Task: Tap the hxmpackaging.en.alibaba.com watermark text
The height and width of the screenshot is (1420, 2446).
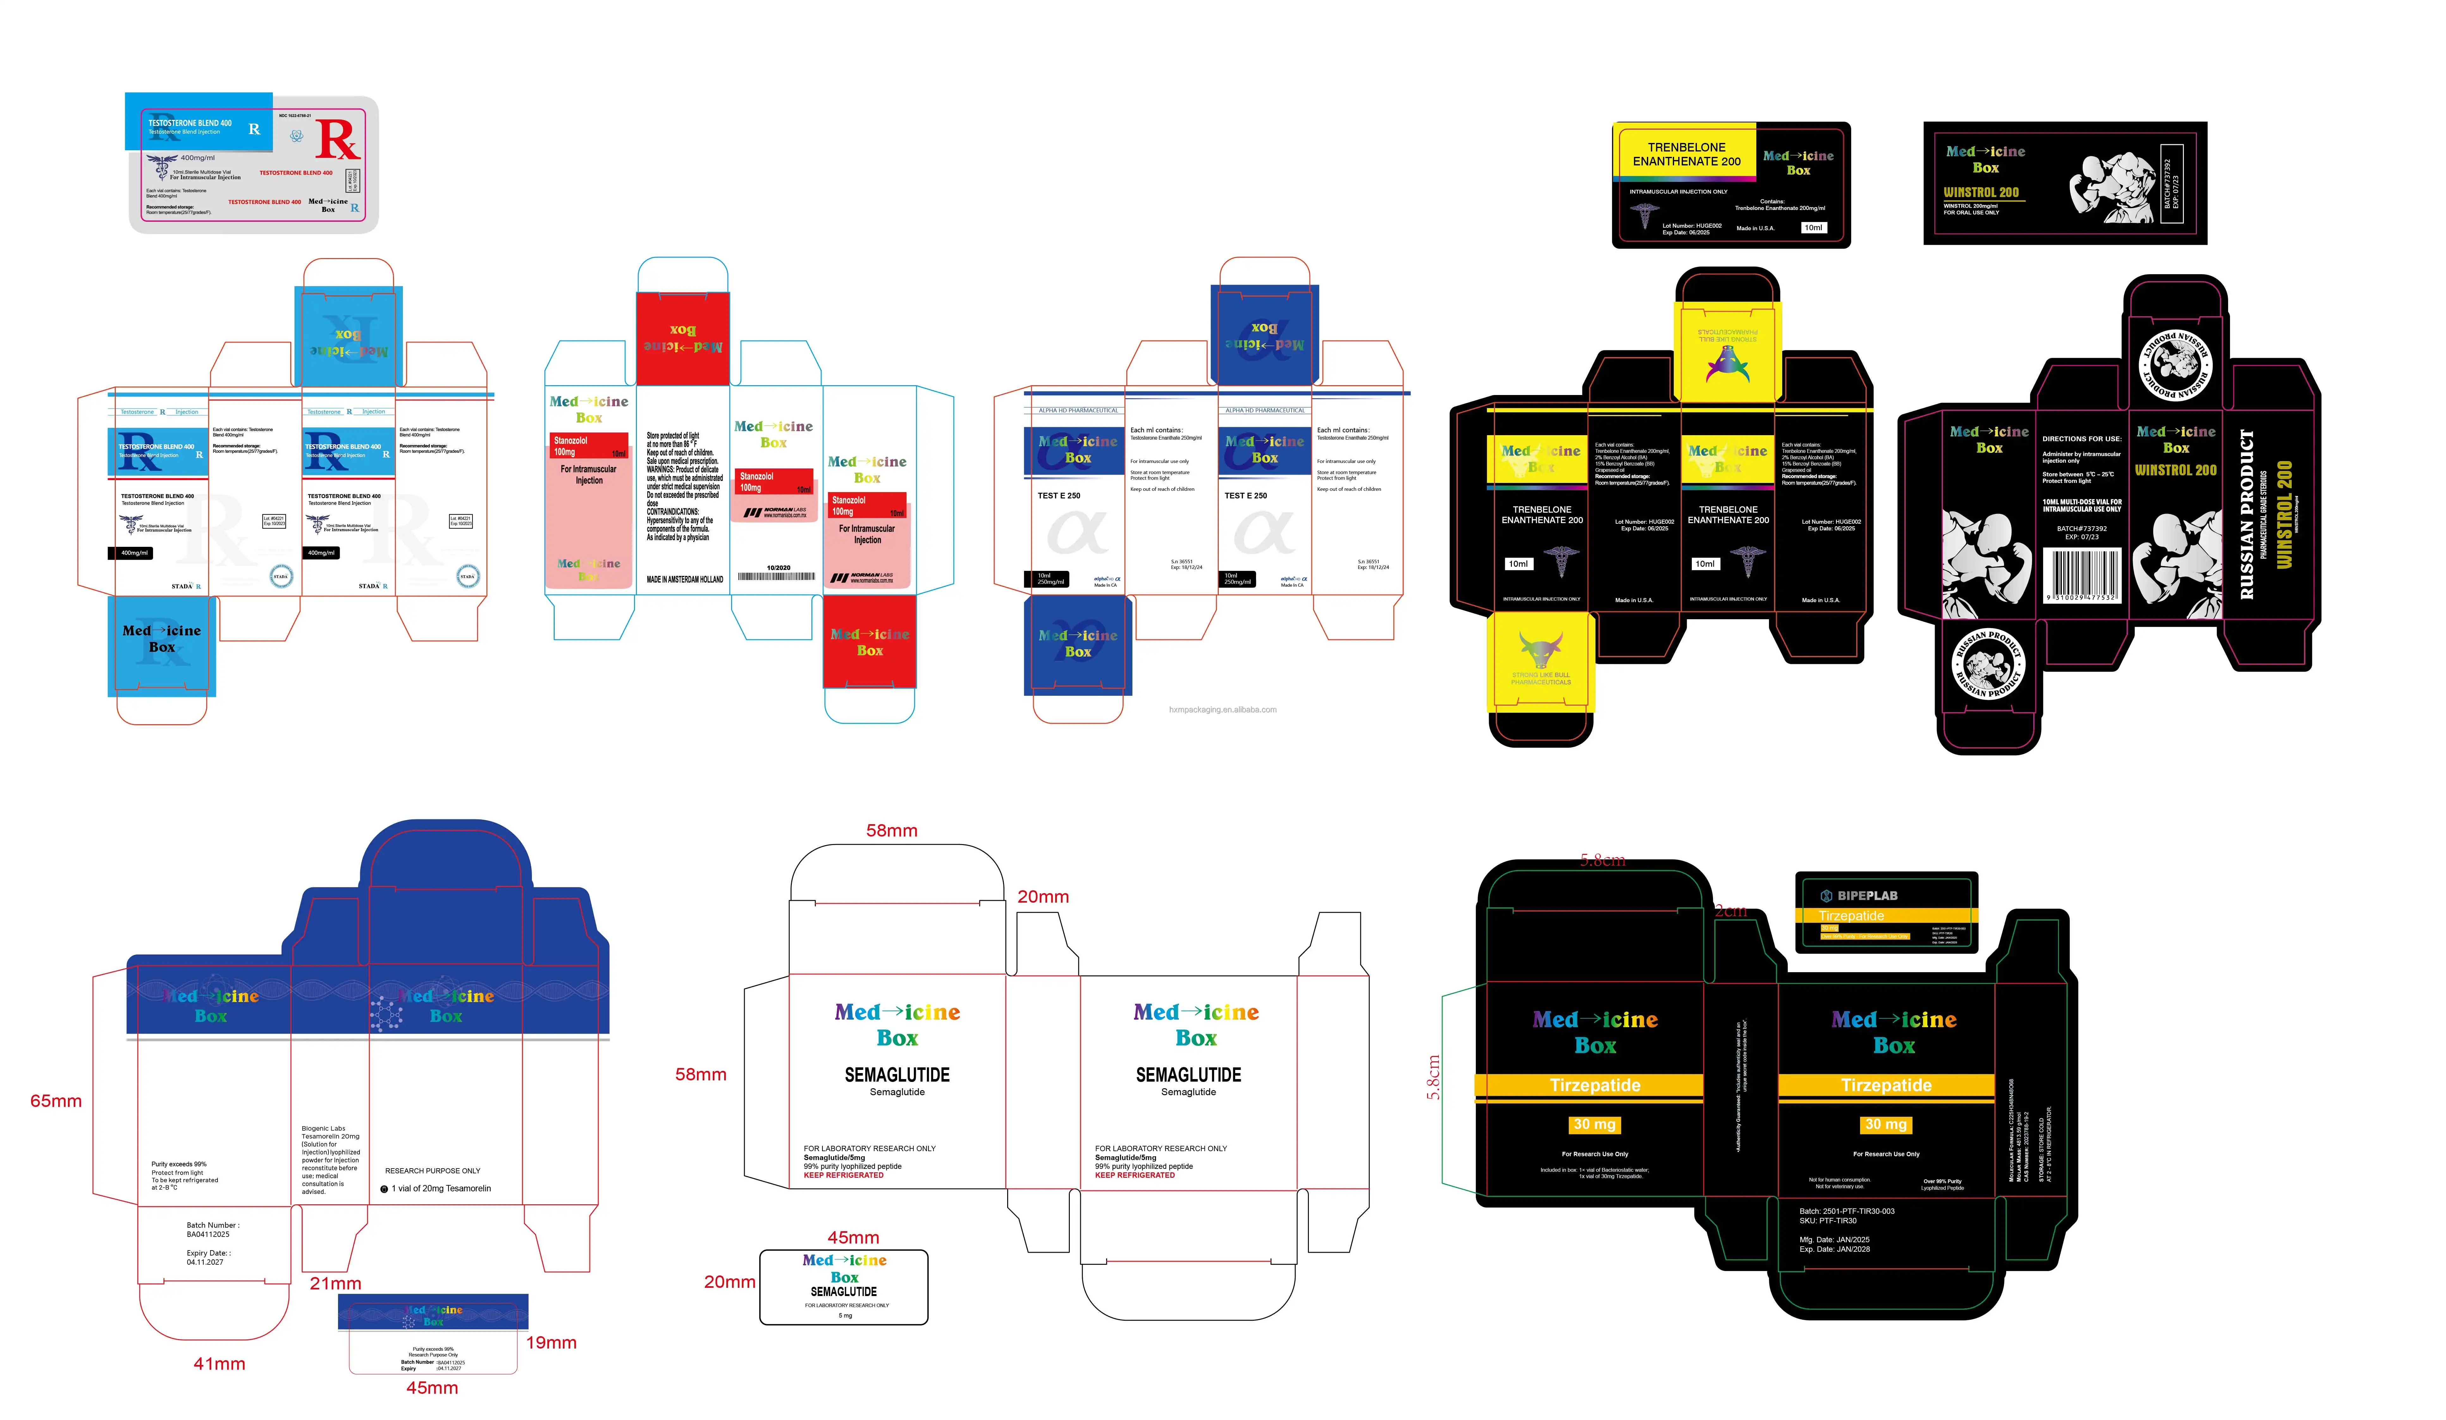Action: point(1222,709)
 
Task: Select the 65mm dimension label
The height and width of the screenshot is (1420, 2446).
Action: point(55,1101)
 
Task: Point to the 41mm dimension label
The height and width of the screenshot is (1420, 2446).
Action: point(219,1364)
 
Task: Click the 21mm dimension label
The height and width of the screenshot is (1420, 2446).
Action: point(335,1283)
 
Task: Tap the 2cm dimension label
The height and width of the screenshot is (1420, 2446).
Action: point(1731,911)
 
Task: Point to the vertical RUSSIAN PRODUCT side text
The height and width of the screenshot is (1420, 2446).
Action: point(2245,515)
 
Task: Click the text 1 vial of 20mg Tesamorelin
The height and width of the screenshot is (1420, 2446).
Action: point(442,1188)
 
